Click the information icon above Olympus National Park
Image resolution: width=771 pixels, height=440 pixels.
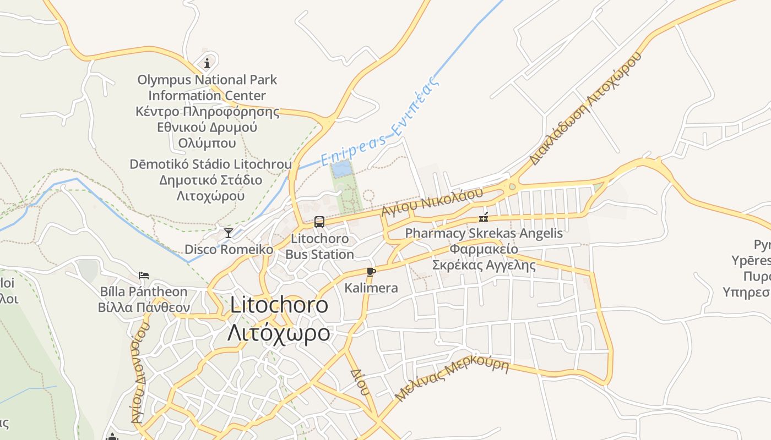click(x=207, y=63)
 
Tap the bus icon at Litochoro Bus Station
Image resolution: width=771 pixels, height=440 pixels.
click(x=319, y=222)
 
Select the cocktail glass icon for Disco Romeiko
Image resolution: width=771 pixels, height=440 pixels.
click(x=229, y=233)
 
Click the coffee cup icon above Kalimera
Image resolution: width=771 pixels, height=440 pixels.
click(x=371, y=272)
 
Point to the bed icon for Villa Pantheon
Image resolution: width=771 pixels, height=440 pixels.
click(x=144, y=275)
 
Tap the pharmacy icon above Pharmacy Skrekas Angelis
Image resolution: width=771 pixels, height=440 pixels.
click(x=484, y=217)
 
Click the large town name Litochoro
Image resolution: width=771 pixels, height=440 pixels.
click(x=279, y=305)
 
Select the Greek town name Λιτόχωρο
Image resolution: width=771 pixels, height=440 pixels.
click(x=279, y=333)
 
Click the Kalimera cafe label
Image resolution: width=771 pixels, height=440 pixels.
click(x=371, y=288)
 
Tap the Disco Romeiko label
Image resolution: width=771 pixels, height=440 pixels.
click(x=229, y=249)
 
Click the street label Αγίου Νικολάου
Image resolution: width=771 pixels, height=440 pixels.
click(x=432, y=202)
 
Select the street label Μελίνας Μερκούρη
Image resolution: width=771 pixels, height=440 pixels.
click(x=452, y=380)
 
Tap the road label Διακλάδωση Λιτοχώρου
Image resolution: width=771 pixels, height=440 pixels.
click(x=586, y=108)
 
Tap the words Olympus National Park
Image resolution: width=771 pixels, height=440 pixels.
click(x=207, y=80)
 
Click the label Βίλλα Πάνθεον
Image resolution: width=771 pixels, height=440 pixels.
click(x=144, y=307)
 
